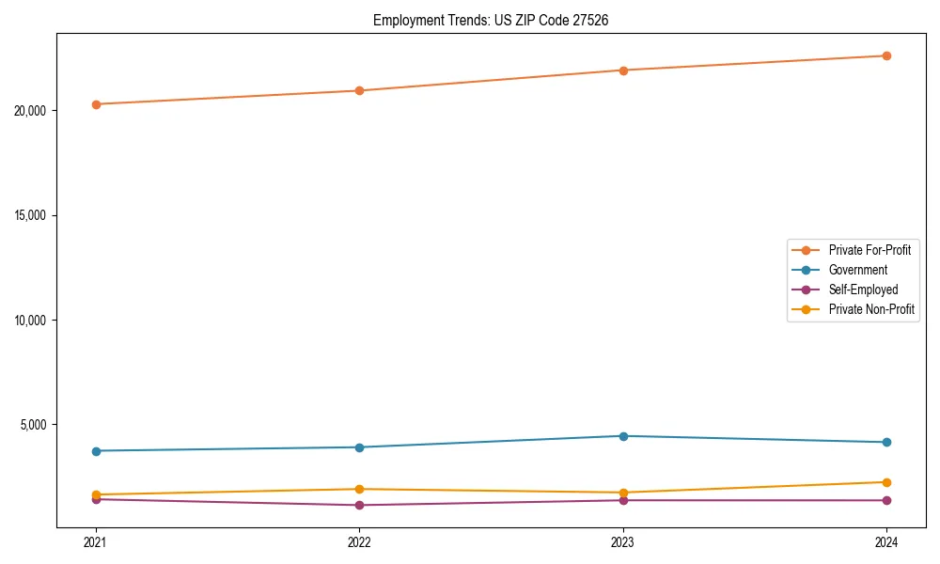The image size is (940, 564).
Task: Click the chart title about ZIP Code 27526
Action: (491, 20)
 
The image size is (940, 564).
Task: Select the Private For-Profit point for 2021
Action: (96, 104)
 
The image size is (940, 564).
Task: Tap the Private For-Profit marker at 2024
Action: (886, 55)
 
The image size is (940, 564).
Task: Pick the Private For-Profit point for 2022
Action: (359, 91)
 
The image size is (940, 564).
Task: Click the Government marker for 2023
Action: (623, 436)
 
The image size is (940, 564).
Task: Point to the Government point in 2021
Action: (96, 451)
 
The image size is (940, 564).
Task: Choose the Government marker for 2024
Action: (886, 442)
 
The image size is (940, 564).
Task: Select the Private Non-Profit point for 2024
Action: (886, 482)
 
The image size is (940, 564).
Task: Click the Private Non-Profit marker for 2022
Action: (359, 489)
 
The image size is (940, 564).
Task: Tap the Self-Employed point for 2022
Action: (359, 506)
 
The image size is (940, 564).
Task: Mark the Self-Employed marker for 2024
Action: (886, 500)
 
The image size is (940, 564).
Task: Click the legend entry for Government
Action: (857, 270)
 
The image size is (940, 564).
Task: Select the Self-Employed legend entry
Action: (863, 290)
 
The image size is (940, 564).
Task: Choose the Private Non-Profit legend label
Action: (871, 309)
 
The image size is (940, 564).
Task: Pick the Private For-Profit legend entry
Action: (869, 250)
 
